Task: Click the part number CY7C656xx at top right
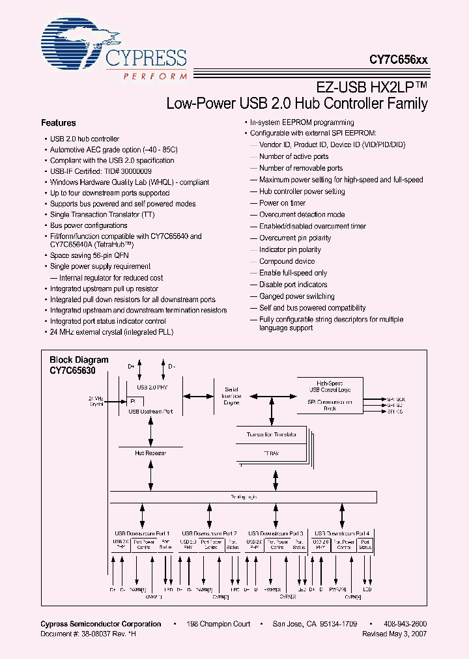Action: pos(399,59)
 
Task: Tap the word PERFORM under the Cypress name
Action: pos(154,76)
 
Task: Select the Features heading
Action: pos(59,123)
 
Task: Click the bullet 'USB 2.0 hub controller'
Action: pos(85,139)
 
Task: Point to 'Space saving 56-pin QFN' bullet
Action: pos(89,256)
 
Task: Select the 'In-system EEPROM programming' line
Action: pos(302,122)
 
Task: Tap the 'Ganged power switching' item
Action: pos(296,296)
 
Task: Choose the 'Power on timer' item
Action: pos(282,203)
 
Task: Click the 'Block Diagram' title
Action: pos(79,359)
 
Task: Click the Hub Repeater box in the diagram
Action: pos(150,452)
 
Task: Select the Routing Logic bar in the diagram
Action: pos(243,497)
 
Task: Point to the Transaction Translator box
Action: pos(272,434)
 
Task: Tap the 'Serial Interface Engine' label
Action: pos(231,396)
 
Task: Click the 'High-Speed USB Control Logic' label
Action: pos(334,387)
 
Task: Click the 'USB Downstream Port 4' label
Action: pos(342,533)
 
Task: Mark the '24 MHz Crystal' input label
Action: pos(96,400)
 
